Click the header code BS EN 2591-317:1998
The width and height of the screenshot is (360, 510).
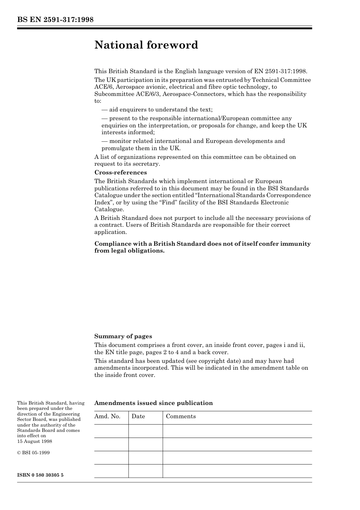coord(55,20)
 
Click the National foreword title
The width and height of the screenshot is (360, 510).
coord(146,45)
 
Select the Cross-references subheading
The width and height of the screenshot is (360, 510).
coord(121,173)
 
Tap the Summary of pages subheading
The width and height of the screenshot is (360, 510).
coord(123,336)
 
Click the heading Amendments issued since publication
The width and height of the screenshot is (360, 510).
coord(153,403)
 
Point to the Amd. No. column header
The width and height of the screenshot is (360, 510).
coord(107,416)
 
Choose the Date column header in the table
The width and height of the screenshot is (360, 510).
coord(138,416)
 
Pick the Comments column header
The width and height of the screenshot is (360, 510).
coord(181,416)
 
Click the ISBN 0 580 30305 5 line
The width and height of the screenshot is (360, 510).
coord(40,475)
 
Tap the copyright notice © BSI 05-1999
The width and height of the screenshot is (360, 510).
coord(33,453)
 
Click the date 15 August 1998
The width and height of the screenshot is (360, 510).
coord(34,441)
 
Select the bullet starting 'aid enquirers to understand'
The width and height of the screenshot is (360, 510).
coord(157,110)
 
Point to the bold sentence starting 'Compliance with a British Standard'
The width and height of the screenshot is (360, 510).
coord(202,247)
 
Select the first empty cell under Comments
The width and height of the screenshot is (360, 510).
coord(237,431)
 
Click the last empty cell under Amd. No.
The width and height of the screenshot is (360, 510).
coord(111,471)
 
